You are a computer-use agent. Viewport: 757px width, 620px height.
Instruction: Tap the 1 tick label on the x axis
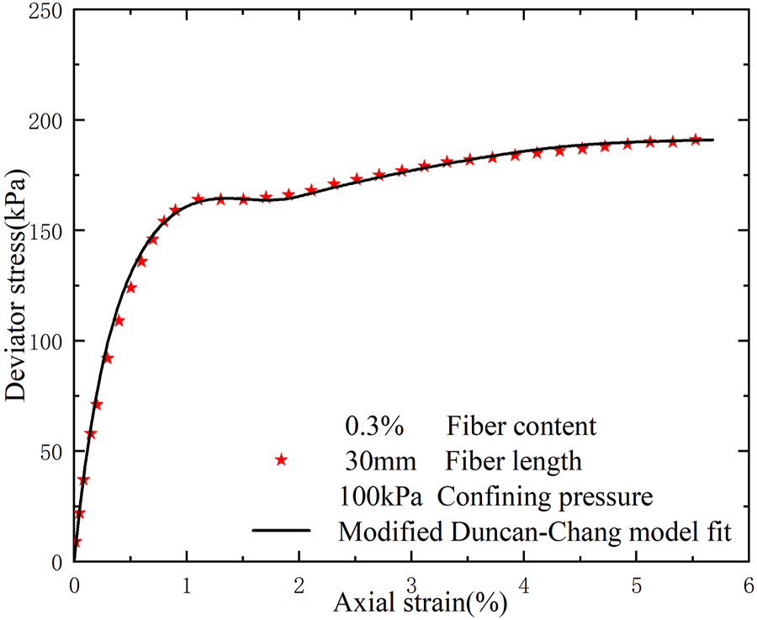187,583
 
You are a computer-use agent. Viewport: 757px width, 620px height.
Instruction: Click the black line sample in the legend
283,532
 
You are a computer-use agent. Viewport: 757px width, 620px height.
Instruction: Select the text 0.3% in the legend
375,427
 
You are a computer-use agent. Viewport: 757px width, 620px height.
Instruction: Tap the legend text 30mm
376,462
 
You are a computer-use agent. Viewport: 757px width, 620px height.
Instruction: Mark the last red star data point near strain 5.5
695,139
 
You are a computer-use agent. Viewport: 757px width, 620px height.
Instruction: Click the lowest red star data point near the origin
76,543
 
